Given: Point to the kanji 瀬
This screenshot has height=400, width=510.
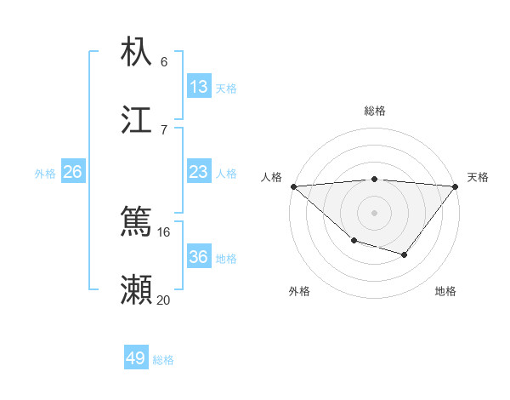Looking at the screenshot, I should [x=136, y=290].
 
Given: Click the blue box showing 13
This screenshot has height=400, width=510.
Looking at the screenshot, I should [x=199, y=87].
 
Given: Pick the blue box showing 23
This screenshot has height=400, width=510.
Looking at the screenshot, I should [x=199, y=172].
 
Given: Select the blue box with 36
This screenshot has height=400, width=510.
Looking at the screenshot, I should [x=199, y=257].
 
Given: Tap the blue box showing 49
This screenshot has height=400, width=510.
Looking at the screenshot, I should [x=136, y=358].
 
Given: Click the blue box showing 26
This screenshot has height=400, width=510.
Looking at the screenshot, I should [x=72, y=172].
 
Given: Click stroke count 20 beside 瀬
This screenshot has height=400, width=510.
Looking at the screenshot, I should [x=163, y=300].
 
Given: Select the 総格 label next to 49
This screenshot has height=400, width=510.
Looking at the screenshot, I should [x=163, y=360].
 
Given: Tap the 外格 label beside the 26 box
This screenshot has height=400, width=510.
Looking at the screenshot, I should [x=45, y=173].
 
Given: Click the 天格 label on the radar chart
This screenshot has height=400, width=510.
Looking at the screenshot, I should [x=478, y=177].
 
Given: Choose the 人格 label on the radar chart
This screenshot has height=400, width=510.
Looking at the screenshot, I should [x=271, y=177].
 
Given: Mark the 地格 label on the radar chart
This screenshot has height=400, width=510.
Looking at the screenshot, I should [x=445, y=291].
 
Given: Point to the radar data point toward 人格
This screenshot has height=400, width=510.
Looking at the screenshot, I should [x=293, y=186].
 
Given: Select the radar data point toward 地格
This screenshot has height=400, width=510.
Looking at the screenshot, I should [x=405, y=254].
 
